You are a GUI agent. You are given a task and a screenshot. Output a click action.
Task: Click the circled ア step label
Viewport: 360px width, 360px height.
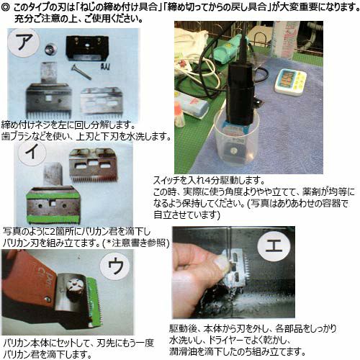(x=24, y=42)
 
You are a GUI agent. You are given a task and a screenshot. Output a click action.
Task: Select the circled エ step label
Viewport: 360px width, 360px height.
(x=273, y=248)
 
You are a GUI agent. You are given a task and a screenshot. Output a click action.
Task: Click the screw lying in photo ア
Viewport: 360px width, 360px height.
(x=81, y=72)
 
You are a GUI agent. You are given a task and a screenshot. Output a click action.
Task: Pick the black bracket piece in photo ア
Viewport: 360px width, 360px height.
(x=87, y=48)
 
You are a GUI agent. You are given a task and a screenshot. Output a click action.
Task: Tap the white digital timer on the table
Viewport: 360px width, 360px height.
(x=291, y=82)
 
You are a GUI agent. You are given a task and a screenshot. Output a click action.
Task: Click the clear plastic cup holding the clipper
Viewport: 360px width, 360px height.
(x=236, y=142)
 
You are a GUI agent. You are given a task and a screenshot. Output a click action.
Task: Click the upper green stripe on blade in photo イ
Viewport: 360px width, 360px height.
(x=53, y=194)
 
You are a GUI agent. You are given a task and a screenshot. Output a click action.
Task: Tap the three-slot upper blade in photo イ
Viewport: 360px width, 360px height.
(x=94, y=165)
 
